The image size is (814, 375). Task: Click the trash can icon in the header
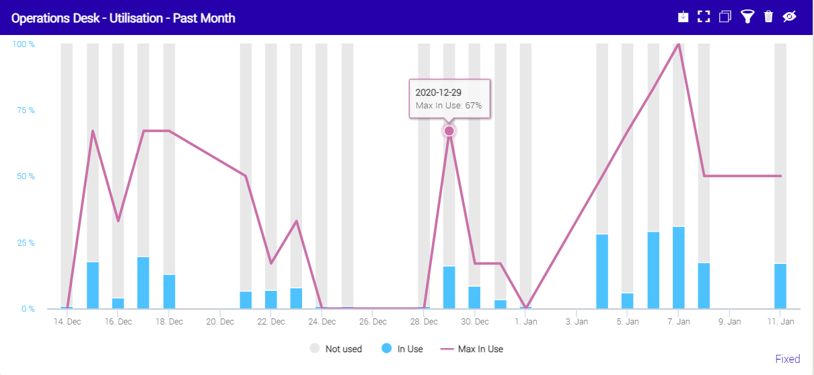pyautogui.click(x=768, y=17)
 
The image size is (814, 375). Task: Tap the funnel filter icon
pyautogui.click(x=747, y=17)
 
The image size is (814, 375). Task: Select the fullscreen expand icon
pyautogui.click(x=704, y=17)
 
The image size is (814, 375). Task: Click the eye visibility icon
pyautogui.click(x=790, y=17)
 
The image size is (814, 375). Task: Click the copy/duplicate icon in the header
pyautogui.click(x=725, y=17)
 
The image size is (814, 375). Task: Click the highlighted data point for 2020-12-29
pyautogui.click(x=449, y=131)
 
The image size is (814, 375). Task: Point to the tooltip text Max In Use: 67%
pyautogui.click(x=449, y=106)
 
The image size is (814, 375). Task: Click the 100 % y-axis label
pyautogui.click(x=24, y=44)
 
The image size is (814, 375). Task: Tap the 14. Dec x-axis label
pyautogui.click(x=67, y=322)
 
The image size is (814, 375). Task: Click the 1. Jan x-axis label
pyautogui.click(x=526, y=322)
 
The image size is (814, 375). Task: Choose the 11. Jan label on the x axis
pyautogui.click(x=780, y=322)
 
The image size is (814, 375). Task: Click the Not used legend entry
pyautogui.click(x=343, y=349)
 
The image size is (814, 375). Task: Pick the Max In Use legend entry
pyautogui.click(x=480, y=349)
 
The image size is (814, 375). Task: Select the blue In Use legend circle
pyautogui.click(x=387, y=349)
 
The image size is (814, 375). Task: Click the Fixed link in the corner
pyautogui.click(x=787, y=359)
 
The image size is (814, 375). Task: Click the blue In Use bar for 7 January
pyautogui.click(x=679, y=268)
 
